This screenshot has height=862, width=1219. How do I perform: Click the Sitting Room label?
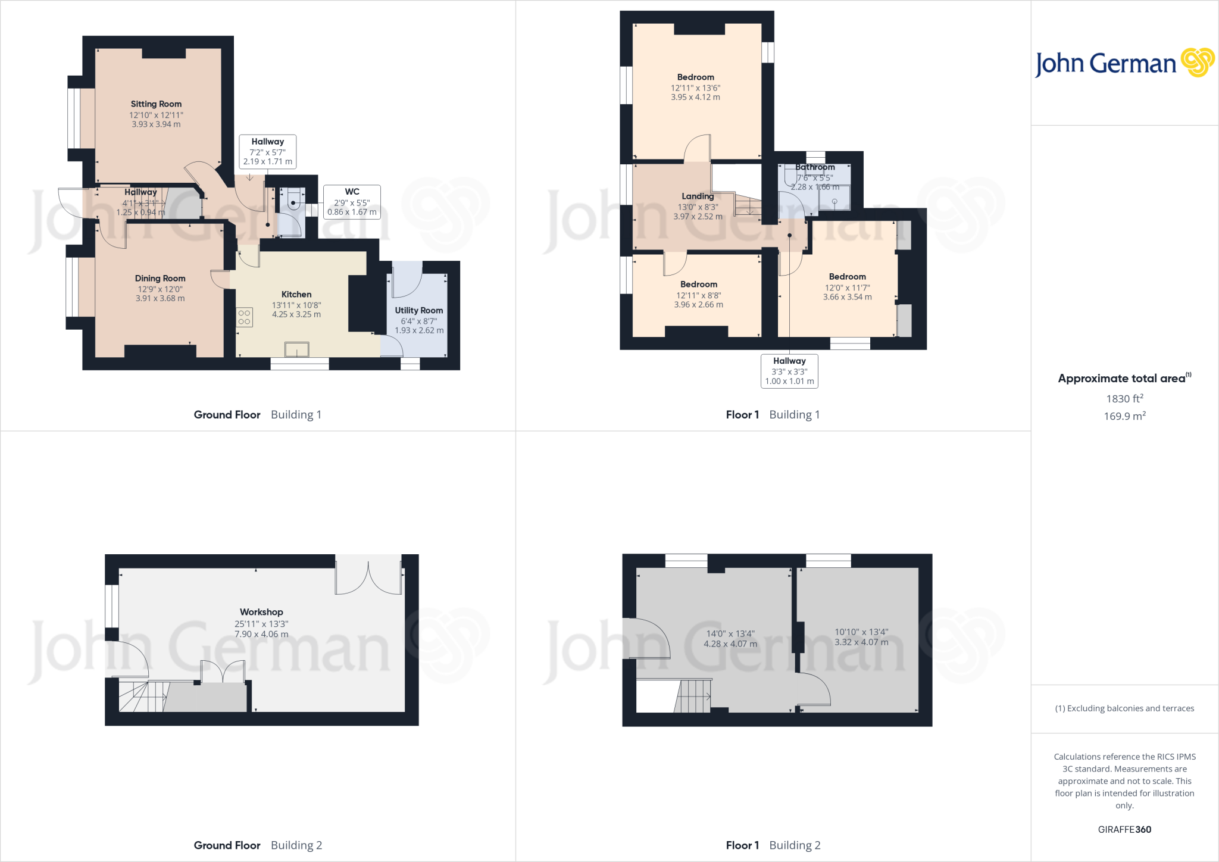click(156, 104)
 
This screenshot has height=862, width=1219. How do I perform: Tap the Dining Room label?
click(160, 279)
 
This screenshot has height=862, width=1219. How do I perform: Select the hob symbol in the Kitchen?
click(244, 317)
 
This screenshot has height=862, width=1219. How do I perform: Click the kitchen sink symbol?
click(296, 349)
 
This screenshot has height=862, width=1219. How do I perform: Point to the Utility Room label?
click(418, 311)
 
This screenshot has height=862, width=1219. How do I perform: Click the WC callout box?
click(352, 202)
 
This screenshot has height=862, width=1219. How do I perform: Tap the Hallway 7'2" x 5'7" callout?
click(267, 151)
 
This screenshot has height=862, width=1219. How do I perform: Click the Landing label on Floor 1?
click(698, 196)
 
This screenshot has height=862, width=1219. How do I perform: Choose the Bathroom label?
click(815, 167)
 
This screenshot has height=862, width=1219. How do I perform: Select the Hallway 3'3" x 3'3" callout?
click(789, 371)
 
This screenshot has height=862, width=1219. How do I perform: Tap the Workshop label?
click(261, 612)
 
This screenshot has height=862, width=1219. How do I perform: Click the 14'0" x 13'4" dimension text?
click(730, 634)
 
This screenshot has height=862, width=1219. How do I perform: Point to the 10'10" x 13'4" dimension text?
click(861, 632)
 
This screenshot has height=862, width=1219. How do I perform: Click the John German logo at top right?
click(1124, 63)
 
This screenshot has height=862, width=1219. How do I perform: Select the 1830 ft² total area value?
click(1124, 399)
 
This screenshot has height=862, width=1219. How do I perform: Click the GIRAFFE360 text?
click(1124, 829)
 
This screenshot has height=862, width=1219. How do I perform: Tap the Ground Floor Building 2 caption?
click(258, 845)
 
